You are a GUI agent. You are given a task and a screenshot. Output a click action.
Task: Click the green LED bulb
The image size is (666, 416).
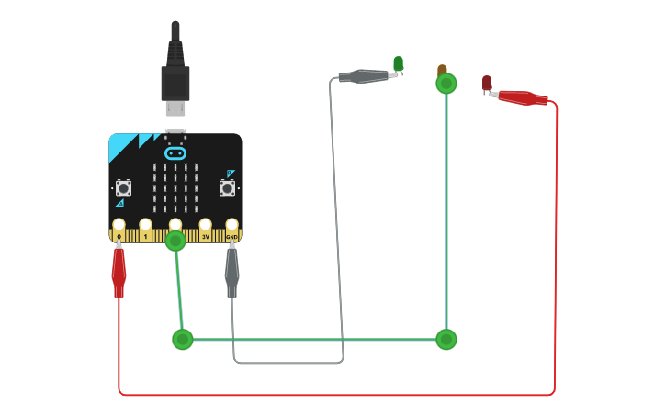(x=398, y=63)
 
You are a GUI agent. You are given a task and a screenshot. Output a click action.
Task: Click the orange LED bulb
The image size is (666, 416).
(x=442, y=70)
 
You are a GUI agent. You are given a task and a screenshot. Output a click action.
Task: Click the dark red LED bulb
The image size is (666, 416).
(x=487, y=83)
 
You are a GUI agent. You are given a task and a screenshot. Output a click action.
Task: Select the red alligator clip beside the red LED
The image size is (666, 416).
(x=522, y=96)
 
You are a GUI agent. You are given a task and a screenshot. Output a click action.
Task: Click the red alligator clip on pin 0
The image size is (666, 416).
(x=119, y=271)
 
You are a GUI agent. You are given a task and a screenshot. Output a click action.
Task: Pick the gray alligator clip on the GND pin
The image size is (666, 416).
(x=231, y=271)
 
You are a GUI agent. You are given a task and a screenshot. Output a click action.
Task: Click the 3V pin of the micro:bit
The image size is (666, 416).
(x=205, y=225)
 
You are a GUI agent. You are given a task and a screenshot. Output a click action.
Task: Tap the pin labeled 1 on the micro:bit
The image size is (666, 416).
(x=145, y=225)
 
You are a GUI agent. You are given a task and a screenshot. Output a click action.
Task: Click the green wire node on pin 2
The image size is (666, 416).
(x=175, y=242)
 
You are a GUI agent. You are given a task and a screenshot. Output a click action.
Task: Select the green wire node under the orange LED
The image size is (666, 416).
(x=446, y=84)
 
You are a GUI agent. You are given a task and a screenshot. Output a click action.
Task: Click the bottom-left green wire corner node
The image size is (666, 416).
(x=183, y=340)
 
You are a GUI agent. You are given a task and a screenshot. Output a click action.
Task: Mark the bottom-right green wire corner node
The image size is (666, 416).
(x=446, y=340)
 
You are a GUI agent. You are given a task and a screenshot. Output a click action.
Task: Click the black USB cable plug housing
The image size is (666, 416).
(x=175, y=82)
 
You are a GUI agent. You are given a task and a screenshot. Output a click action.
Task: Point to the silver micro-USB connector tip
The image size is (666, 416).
(x=175, y=109)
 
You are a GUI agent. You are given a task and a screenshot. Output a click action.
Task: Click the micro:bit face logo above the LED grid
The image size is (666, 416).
(x=175, y=152)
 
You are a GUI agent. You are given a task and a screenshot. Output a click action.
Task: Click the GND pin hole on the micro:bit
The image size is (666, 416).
(x=231, y=225)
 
